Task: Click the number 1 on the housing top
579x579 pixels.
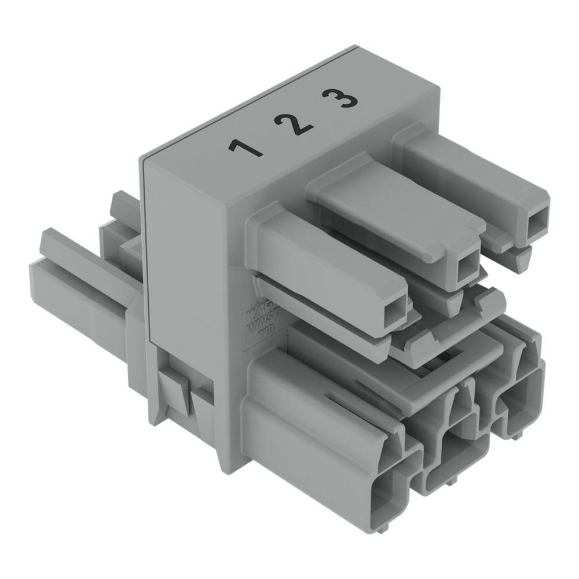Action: [245, 147]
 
